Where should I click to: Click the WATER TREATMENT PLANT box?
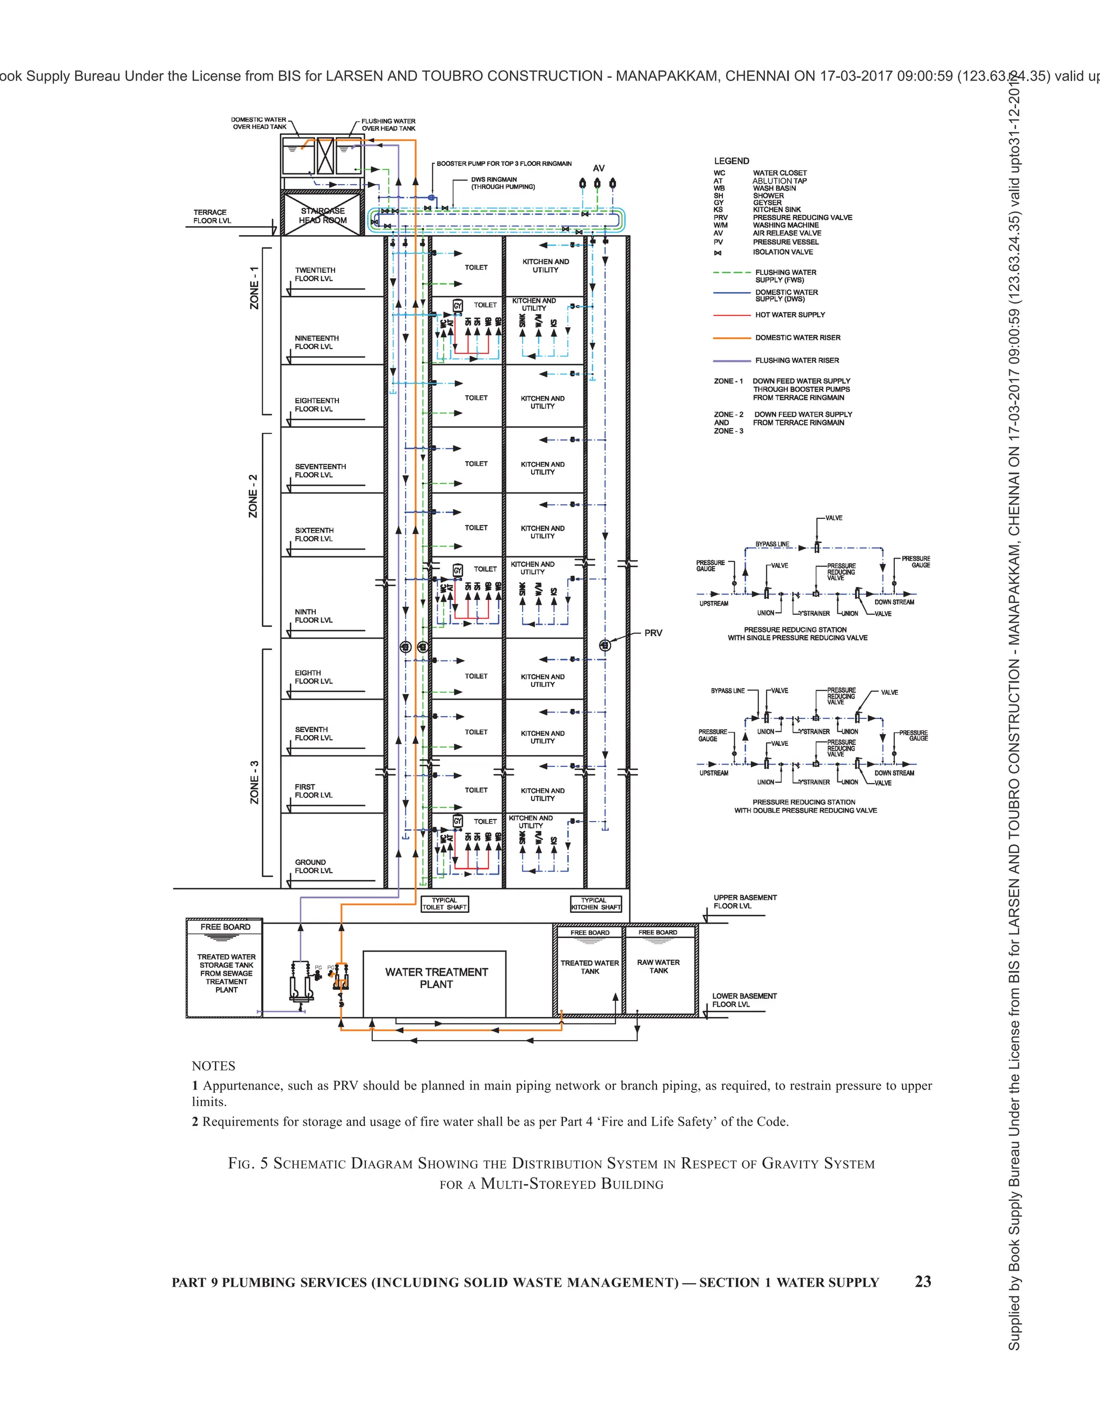435,983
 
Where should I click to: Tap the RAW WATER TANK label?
658,966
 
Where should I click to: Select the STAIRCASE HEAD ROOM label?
323,216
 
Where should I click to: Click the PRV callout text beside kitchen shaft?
653,633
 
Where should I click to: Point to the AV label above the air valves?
598,168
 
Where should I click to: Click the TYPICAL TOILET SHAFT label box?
444,904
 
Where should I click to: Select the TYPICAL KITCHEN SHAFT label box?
596,904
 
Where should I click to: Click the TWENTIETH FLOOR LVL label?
315,274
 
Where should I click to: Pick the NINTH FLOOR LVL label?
314,616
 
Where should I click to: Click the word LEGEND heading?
731,161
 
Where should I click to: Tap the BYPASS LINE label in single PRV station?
772,544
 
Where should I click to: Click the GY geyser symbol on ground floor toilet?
458,822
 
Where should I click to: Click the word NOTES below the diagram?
213,1066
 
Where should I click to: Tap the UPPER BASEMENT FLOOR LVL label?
745,902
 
